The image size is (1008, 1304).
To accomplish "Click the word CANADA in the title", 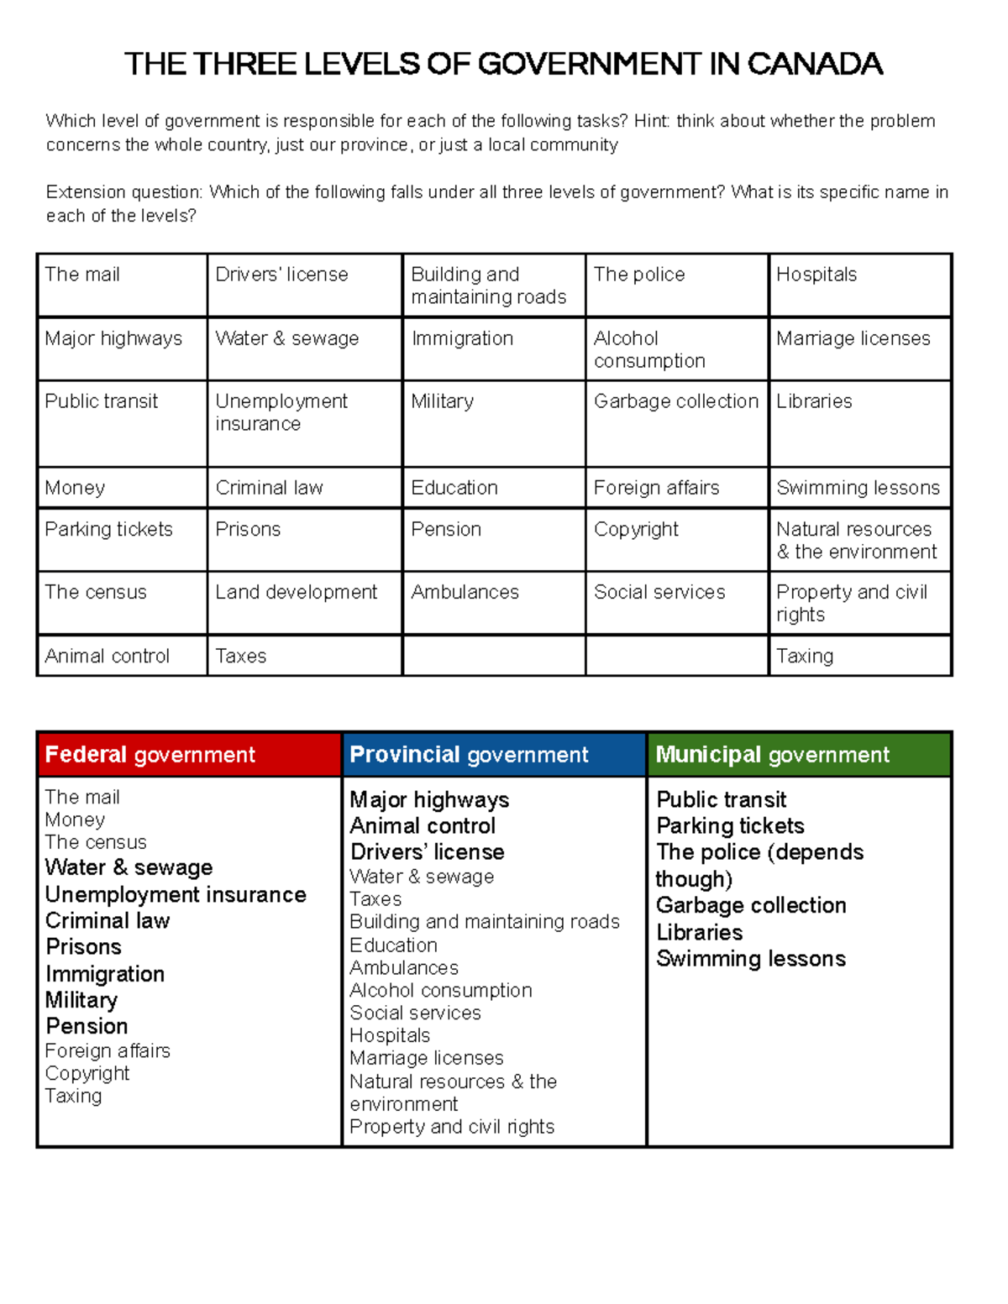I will pyautogui.click(x=814, y=64).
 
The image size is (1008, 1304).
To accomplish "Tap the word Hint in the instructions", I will pyautogui.click(x=651, y=121).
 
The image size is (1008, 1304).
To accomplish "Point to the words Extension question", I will pyautogui.click(x=123, y=192).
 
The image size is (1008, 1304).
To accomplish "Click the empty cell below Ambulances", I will pyautogui.click(x=494, y=656).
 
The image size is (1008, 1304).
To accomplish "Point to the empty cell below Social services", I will pyautogui.click(x=677, y=656).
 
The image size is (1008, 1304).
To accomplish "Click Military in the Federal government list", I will pyautogui.click(x=81, y=1000).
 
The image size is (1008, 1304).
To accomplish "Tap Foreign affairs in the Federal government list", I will pyautogui.click(x=108, y=1050).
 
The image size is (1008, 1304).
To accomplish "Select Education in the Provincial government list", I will pyautogui.click(x=393, y=945).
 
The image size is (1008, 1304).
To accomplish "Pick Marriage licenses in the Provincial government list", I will pyautogui.click(x=427, y=1058).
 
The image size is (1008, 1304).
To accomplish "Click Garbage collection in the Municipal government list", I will pyautogui.click(x=751, y=905).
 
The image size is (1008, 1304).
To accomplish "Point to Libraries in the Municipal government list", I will pyautogui.click(x=700, y=932).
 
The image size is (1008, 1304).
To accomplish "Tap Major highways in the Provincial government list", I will pyautogui.click(x=429, y=799).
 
